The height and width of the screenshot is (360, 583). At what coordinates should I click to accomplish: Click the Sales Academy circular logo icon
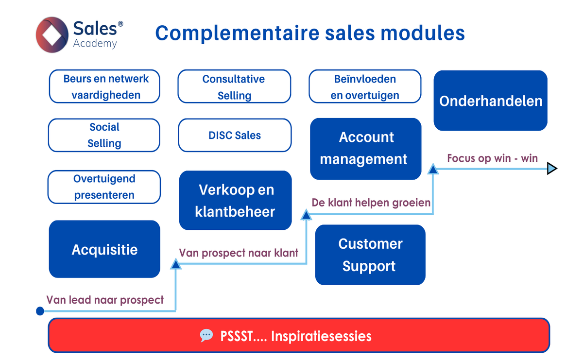pos(52,34)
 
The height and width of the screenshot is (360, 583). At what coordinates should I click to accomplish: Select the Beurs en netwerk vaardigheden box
pos(104,86)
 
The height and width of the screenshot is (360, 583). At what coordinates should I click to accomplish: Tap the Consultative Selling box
pos(234,86)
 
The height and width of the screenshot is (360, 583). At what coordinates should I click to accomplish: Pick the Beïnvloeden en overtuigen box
pos(365,86)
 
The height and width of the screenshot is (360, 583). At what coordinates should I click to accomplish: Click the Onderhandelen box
pos(490,101)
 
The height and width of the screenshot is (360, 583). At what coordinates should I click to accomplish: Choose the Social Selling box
pos(104,135)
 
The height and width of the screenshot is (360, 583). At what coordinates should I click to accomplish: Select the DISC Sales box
pos(235,135)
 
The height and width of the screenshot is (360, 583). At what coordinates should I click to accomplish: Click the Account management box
pos(366,149)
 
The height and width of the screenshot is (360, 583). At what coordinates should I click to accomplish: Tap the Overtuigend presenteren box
pos(104,187)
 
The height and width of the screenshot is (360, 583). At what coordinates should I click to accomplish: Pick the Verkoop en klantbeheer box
pos(235,200)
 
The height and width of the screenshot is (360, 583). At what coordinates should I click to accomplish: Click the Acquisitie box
pos(104,249)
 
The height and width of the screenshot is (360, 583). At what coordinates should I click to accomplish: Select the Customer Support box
pos(370,255)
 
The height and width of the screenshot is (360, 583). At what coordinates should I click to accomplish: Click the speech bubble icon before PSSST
pos(206,336)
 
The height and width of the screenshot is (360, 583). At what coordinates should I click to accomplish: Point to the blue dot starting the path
pos(40,311)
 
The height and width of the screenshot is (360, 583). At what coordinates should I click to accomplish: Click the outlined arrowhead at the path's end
pos(552,169)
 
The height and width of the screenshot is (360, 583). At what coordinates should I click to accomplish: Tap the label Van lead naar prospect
pos(105,300)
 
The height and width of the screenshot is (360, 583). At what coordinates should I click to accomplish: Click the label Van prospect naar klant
pos(239,253)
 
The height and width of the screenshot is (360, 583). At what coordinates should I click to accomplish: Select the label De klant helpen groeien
pos(371,203)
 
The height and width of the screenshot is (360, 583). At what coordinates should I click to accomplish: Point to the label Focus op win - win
pos(493,158)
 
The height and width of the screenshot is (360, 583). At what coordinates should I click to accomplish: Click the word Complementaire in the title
pos(237,33)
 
